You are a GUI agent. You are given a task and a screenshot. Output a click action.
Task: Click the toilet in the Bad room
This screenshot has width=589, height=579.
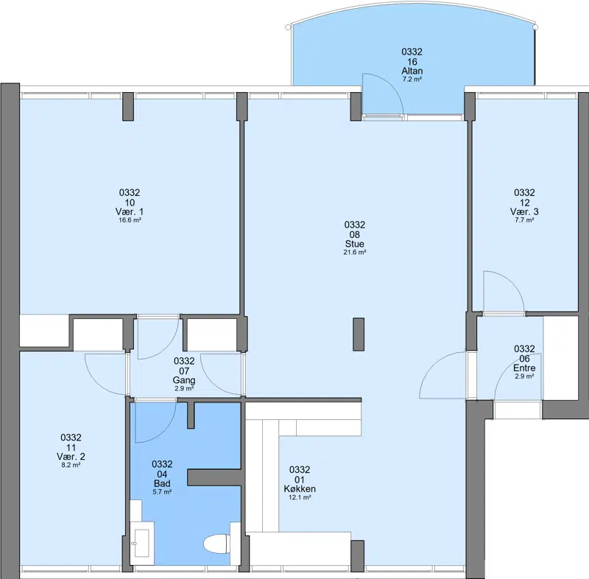[x=216, y=544]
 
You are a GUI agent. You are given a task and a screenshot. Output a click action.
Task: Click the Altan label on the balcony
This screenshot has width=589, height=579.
[x=412, y=71]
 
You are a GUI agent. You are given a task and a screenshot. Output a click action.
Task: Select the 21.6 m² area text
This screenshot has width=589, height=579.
[x=355, y=253]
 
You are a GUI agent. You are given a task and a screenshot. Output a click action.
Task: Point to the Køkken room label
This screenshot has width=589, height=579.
[x=300, y=489]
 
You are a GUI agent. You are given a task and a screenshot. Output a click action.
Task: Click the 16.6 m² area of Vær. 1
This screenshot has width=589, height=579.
[x=130, y=220]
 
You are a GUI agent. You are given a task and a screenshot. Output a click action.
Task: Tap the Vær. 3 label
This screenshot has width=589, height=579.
[x=524, y=211]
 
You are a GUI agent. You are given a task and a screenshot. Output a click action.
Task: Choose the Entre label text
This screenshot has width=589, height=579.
[x=524, y=368]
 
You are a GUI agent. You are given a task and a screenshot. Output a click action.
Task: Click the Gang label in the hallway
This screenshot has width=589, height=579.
[x=184, y=380]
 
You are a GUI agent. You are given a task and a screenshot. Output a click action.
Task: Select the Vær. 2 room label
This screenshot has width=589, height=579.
[x=71, y=457]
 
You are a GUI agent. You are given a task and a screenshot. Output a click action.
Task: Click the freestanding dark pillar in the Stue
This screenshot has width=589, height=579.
[x=359, y=334]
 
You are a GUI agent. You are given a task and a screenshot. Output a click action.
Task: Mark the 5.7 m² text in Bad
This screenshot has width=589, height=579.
[x=162, y=492]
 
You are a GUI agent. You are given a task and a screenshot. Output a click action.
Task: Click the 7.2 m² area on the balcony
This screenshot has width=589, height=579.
[x=412, y=80]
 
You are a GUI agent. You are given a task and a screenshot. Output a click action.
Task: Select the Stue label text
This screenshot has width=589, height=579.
[x=355, y=244]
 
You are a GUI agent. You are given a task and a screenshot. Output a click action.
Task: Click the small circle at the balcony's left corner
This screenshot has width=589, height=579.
[x=288, y=27]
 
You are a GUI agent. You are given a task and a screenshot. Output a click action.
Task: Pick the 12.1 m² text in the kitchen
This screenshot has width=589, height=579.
[x=300, y=497]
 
